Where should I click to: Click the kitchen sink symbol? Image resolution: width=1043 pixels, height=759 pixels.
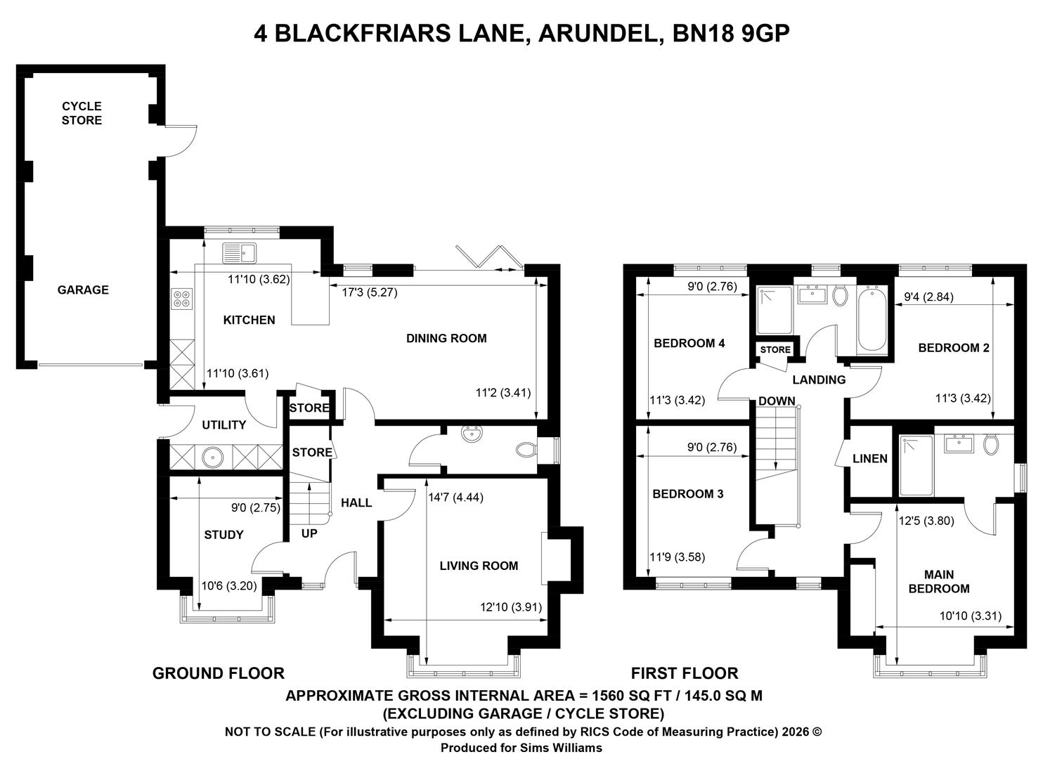pos(240,252)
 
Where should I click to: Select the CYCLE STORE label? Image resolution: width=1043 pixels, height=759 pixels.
pos(82,113)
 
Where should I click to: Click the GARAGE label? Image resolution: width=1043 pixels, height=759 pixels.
pos(83,290)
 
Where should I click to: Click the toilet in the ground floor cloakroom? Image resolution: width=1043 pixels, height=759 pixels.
pos(526,450)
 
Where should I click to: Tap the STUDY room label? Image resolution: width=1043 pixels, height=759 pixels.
pos(223,535)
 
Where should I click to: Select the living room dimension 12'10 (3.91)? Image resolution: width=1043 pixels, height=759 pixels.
pos(511,607)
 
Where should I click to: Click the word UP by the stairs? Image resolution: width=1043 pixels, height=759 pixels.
pos(309,533)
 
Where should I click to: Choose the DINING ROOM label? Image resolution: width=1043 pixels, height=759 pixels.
pos(446,338)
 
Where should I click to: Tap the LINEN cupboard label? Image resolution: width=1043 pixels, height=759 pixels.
pos(870,459)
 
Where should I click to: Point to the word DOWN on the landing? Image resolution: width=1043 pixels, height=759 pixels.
pos(777,401)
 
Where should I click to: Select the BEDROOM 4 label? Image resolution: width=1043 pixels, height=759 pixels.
pos(689,343)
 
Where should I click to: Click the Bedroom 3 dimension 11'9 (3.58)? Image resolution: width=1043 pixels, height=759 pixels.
pos(677,557)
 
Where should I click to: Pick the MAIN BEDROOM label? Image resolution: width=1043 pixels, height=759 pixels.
pos(939,582)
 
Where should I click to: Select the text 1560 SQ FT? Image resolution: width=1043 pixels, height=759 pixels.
pos(631,696)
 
